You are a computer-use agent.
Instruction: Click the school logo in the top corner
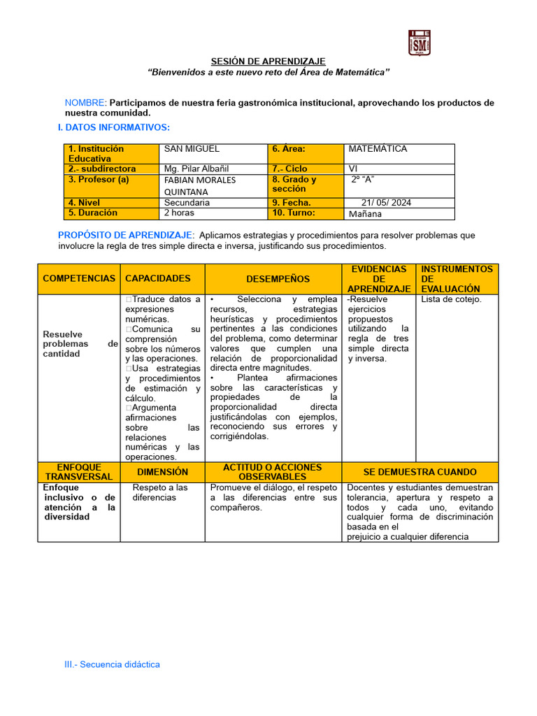(419, 43)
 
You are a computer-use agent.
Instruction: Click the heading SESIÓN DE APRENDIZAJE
(268, 62)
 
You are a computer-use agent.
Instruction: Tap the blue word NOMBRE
(85, 103)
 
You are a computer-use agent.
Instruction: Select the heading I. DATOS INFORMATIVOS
(113, 127)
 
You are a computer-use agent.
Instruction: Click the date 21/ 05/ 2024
(386, 203)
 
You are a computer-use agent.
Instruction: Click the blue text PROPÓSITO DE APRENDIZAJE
(125, 236)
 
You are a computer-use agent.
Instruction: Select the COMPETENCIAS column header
(79, 278)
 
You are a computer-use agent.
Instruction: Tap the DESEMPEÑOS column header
(273, 278)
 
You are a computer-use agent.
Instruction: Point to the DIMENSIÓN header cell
(162, 472)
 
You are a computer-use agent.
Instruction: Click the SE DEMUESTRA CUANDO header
(420, 472)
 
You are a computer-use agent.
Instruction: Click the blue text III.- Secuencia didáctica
(113, 664)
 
